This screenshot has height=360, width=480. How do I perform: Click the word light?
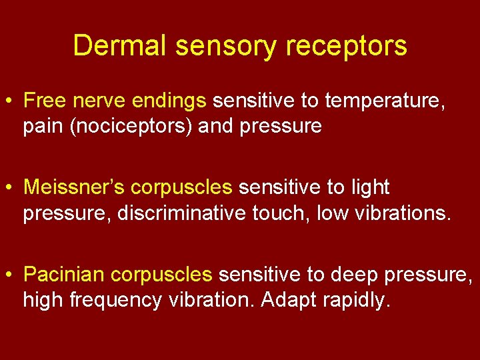370,187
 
